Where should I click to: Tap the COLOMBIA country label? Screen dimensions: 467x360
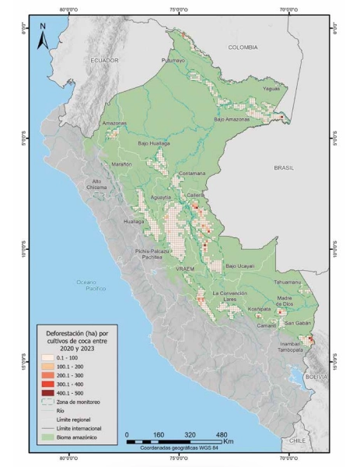pyautogui.click(x=243, y=47)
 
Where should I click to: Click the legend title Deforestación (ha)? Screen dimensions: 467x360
pyautogui.click(x=75, y=331)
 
